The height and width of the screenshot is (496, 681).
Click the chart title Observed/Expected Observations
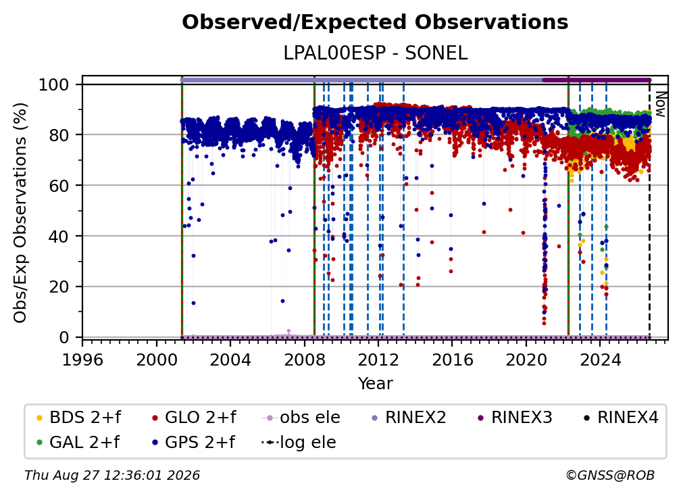pyautogui.click(x=375, y=22)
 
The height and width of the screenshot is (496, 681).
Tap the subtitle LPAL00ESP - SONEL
pyautogui.click(x=375, y=53)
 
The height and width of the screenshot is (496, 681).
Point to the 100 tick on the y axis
pyautogui.click(x=54, y=84)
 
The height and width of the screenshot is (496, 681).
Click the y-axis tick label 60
pyautogui.click(x=59, y=185)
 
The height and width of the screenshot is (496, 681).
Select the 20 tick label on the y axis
pyautogui.click(x=59, y=287)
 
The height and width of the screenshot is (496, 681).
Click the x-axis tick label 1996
pyautogui.click(x=82, y=359)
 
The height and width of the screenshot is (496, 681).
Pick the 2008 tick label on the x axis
pyautogui.click(x=305, y=359)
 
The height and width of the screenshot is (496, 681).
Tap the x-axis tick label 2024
pyautogui.click(x=600, y=359)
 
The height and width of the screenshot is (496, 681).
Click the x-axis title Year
pyautogui.click(x=375, y=384)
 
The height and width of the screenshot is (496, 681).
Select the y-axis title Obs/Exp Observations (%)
pyautogui.click(x=20, y=213)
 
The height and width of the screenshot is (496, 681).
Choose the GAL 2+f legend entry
pyautogui.click(x=78, y=442)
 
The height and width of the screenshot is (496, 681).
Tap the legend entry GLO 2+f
pyautogui.click(x=194, y=418)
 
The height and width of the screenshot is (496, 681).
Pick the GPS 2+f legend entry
pyautogui.click(x=193, y=442)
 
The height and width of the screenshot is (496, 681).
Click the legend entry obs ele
pyautogui.click(x=301, y=418)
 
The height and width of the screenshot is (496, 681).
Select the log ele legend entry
pyautogui.click(x=299, y=442)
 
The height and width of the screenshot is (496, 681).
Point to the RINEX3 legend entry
pyautogui.click(x=515, y=418)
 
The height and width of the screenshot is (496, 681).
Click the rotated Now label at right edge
pyautogui.click(x=660, y=104)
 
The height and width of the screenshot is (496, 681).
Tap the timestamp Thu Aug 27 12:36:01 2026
pyautogui.click(x=112, y=476)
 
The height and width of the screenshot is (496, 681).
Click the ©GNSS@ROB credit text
pyautogui.click(x=610, y=476)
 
